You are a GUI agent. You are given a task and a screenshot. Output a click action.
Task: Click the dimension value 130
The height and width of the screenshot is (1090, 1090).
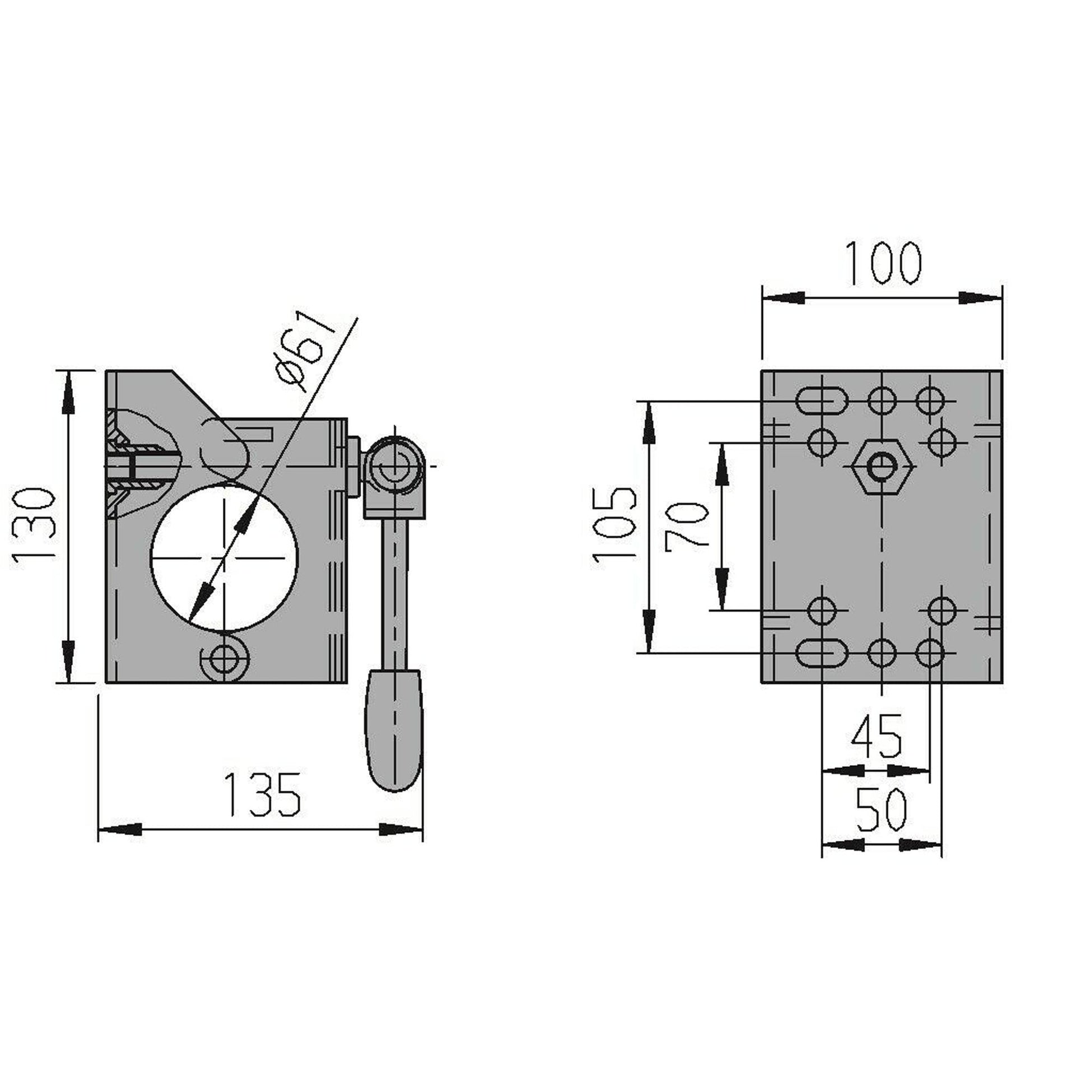pyautogui.click(x=34, y=525)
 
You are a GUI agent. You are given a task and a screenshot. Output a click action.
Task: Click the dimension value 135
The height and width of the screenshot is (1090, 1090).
pyautogui.click(x=262, y=795)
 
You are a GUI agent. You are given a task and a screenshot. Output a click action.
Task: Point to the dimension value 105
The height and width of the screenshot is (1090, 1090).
pyautogui.click(x=615, y=525)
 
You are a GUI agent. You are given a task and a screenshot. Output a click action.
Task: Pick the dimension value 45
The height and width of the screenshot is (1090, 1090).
pyautogui.click(x=877, y=737)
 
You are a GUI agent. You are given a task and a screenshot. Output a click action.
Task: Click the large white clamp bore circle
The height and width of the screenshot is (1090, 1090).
pyautogui.click(x=224, y=557)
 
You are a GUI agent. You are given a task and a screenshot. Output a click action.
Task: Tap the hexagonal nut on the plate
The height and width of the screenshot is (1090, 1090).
pyautogui.click(x=882, y=466)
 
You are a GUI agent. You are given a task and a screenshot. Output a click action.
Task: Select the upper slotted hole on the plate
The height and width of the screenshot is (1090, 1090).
pyautogui.click(x=822, y=401)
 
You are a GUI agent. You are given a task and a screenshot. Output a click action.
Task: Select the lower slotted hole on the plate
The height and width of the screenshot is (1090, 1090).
pyautogui.click(x=822, y=653)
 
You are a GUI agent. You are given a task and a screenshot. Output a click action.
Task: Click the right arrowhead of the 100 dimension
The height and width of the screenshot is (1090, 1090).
pyautogui.click(x=982, y=298)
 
